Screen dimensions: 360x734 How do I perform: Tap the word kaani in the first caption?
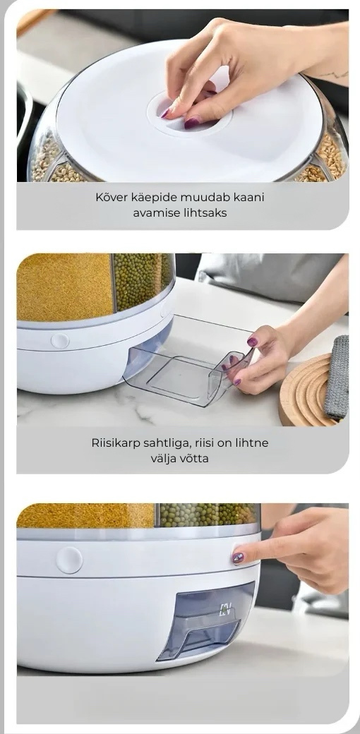[248, 197]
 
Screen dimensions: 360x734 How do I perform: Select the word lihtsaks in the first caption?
[208, 213]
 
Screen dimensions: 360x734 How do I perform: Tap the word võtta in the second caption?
[194, 458]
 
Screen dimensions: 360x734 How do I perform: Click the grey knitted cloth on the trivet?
[336, 377]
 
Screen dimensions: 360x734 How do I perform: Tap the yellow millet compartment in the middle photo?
[65, 287]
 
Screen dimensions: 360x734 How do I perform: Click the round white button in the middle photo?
[59, 340]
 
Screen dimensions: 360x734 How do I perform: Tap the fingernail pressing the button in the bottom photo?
[238, 558]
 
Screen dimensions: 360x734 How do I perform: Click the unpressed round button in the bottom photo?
[69, 560]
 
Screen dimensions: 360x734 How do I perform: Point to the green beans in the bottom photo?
[208, 515]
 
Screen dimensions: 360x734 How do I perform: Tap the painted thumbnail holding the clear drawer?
[252, 342]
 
